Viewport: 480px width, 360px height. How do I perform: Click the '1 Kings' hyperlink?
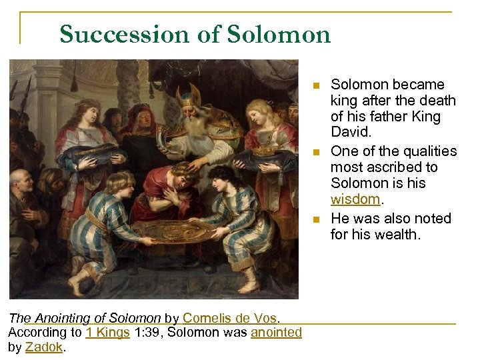(107, 332)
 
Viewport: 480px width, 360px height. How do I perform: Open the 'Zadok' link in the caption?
(44, 346)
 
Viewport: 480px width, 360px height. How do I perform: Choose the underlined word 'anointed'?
(276, 332)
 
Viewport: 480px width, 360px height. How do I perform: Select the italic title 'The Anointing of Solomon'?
(85, 318)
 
